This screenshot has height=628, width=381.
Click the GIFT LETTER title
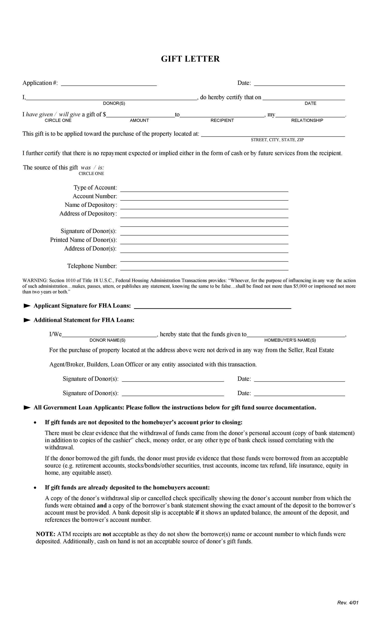point(190,59)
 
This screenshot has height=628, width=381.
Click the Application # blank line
point(109,84)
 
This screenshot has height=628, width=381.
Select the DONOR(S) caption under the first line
point(114,103)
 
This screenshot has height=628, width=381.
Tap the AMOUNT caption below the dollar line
point(139,120)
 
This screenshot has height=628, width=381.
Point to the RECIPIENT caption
point(222,120)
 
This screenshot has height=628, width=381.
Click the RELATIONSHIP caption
point(307,120)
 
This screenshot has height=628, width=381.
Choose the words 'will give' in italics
point(70,115)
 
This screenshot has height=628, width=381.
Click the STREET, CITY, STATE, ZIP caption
point(277,140)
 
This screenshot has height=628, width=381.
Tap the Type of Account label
point(95,188)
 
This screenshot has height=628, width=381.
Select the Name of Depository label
point(91,205)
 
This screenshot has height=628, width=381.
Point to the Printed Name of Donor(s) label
point(83,240)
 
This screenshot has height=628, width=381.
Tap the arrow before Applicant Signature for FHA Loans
point(27,306)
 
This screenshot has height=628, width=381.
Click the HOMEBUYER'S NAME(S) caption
point(290,340)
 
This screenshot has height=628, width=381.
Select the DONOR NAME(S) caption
point(107,340)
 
